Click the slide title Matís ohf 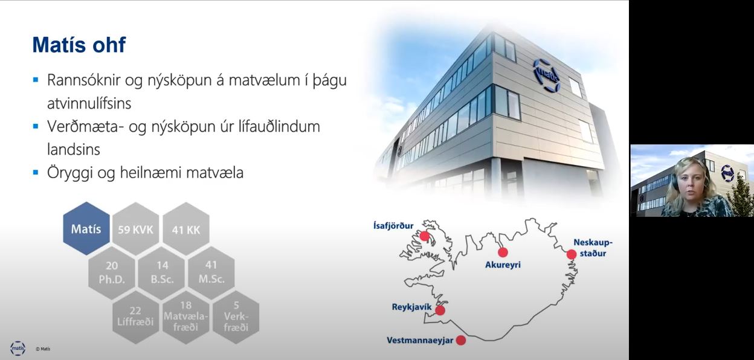[x=79, y=45]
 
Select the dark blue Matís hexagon [x=86, y=228]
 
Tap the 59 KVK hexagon [x=136, y=229]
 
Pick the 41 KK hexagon [x=186, y=229]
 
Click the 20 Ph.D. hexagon [x=112, y=273]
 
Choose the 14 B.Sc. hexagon [x=162, y=273]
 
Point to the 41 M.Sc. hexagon [x=211, y=273]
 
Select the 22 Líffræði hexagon [x=136, y=317]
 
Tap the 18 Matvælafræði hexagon [x=186, y=317]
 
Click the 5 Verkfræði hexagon [x=236, y=317]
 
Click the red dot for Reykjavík [x=440, y=310]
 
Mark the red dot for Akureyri [x=503, y=252]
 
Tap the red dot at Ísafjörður [x=425, y=236]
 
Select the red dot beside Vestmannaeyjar [x=461, y=340]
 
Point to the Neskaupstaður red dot [x=571, y=254]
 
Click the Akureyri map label [x=503, y=265]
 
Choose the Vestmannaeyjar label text [x=420, y=341]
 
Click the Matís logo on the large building [x=547, y=76]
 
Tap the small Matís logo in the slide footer [x=18, y=349]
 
